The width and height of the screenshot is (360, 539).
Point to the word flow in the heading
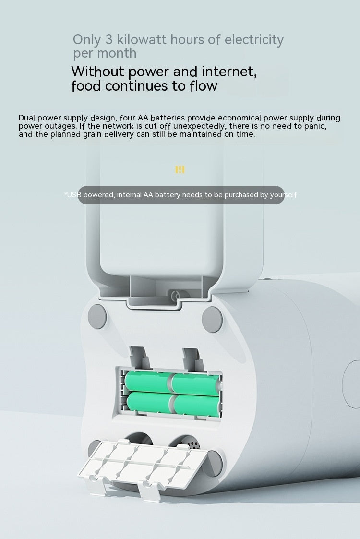pyautogui.click(x=204, y=86)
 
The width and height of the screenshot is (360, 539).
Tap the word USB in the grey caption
pyautogui.click(x=74, y=195)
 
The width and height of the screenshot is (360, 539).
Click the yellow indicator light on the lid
pyautogui.click(x=180, y=169)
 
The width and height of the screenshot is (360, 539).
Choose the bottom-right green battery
pyautogui.click(x=196, y=405)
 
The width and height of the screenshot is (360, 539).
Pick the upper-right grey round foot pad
pyautogui.click(x=212, y=317)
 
